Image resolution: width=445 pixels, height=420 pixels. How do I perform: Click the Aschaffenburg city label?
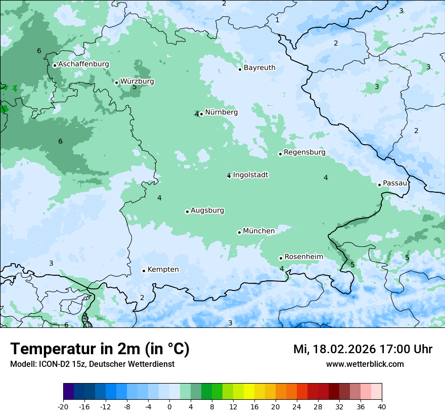click(83, 64)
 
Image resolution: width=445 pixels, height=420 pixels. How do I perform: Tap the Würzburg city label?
click(137, 81)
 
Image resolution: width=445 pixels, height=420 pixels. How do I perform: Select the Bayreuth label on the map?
click(259, 68)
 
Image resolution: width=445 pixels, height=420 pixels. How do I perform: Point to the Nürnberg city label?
click(221, 112)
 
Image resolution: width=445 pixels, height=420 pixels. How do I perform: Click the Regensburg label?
click(304, 152)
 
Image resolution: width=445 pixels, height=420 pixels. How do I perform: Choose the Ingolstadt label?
click(250, 175)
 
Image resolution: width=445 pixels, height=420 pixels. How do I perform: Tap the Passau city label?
click(395, 183)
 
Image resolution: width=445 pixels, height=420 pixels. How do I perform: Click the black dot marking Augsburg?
click(187, 212)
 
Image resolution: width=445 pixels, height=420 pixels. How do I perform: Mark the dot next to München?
click(239, 232)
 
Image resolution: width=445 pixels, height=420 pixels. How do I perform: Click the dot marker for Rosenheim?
click(281, 258)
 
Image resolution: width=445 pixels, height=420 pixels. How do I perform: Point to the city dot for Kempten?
click(144, 271)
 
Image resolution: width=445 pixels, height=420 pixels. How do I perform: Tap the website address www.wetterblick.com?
click(365, 364)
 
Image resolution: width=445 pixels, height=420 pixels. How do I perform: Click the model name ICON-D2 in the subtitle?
click(51, 364)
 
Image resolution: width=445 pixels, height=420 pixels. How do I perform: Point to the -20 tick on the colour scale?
click(63, 407)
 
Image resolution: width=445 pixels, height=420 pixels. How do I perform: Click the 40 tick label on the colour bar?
click(382, 407)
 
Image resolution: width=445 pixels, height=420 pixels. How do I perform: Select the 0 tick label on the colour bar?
click(169, 407)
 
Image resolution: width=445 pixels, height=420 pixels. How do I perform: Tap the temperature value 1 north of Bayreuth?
click(277, 20)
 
